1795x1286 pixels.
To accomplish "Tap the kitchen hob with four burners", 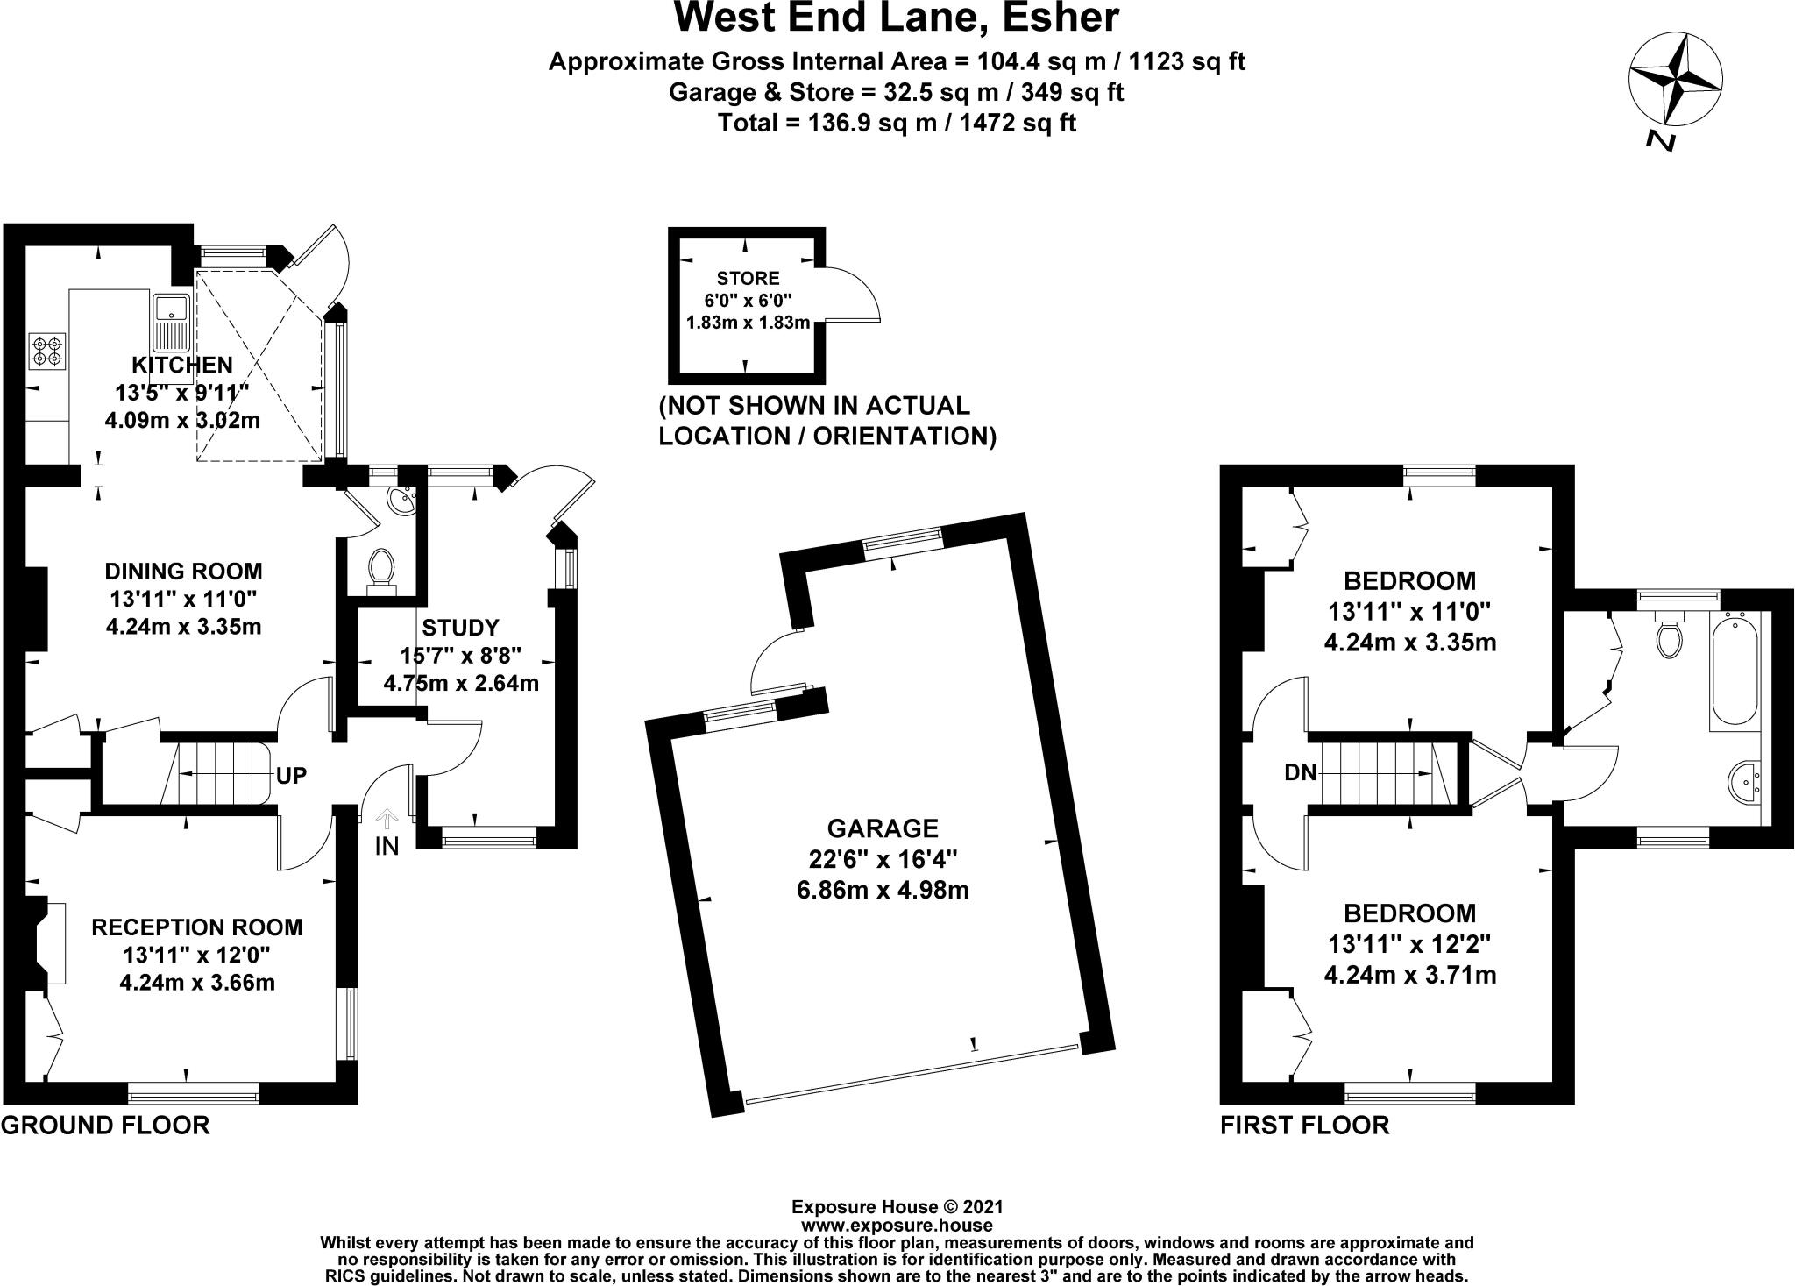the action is point(48,349).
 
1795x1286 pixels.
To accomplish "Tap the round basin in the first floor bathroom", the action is point(1746,782).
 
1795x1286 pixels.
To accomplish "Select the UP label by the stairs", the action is point(292,776).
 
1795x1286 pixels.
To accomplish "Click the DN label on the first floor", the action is point(1301,772).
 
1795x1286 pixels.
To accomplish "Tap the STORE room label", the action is point(748,279).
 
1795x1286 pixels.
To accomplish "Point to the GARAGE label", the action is point(883,828).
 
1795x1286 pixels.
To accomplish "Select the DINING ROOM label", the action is point(183,572).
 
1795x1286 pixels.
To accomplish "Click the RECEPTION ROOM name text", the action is point(197,927).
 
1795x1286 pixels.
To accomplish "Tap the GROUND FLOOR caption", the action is point(105,1126).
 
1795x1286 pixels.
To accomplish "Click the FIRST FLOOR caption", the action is point(1304,1126).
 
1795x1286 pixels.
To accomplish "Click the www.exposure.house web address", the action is point(897,1226).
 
